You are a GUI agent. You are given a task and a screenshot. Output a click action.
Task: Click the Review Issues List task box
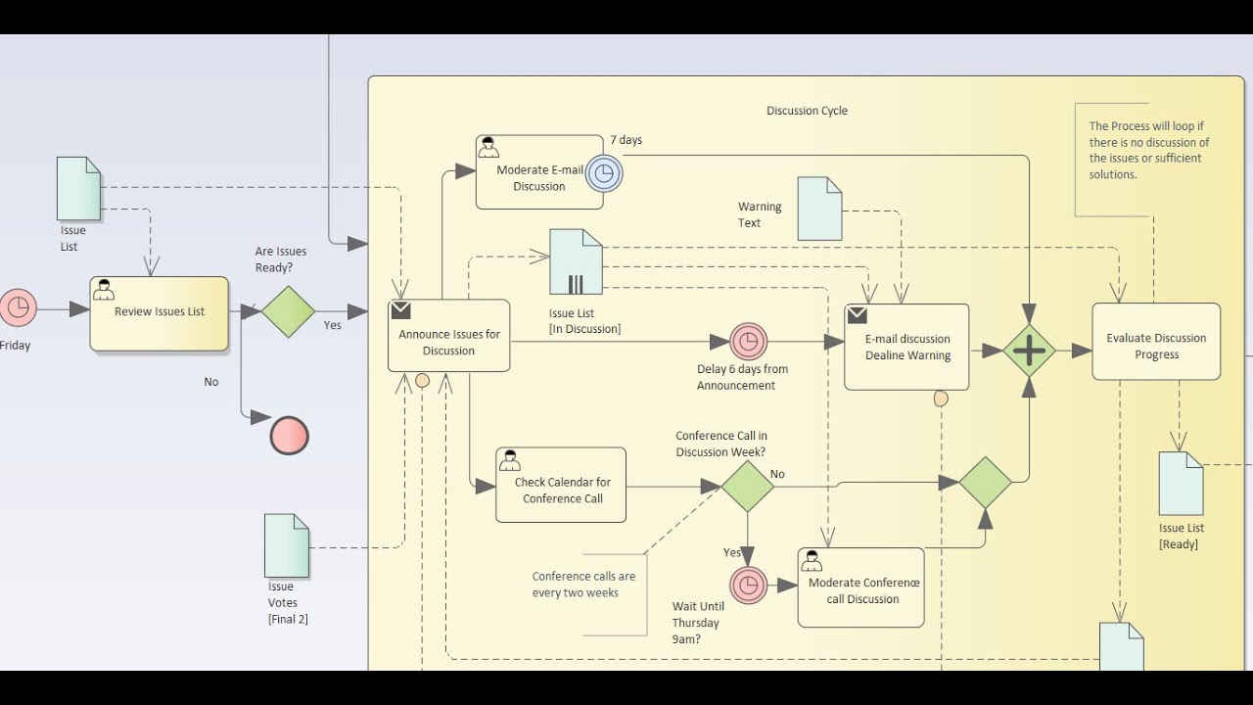(x=159, y=313)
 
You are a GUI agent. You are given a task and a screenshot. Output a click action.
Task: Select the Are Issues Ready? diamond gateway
(x=288, y=311)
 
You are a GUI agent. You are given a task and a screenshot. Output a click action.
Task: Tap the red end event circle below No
(x=289, y=436)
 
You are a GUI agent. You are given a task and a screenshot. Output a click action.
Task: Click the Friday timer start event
(x=17, y=307)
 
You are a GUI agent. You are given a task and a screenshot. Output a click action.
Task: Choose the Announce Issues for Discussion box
(x=448, y=336)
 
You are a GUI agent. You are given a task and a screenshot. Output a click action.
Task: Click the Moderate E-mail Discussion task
(x=538, y=172)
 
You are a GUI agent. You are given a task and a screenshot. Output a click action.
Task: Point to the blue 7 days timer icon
(x=604, y=173)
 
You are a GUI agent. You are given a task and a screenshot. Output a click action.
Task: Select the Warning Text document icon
(x=819, y=209)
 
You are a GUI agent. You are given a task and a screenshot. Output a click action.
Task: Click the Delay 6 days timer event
(x=748, y=342)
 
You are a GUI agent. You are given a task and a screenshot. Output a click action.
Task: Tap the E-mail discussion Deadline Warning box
(x=906, y=347)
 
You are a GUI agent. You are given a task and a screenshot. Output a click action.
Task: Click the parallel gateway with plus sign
(x=1029, y=351)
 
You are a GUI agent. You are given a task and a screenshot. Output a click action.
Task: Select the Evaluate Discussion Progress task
(x=1156, y=342)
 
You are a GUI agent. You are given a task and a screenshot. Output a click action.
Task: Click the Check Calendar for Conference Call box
(x=561, y=485)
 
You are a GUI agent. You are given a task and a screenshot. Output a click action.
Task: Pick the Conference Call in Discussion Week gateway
(x=748, y=487)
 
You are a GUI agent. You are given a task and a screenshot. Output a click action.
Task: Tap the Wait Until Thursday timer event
(x=748, y=586)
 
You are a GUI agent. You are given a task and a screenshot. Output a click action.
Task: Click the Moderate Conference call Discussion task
(x=860, y=587)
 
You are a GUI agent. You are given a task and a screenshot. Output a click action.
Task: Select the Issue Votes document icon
(x=287, y=545)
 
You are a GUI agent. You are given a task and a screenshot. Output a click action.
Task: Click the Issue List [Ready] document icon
(x=1181, y=484)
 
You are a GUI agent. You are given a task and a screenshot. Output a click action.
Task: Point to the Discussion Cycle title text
(x=807, y=111)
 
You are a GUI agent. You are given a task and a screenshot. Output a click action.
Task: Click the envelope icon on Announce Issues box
(x=400, y=310)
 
